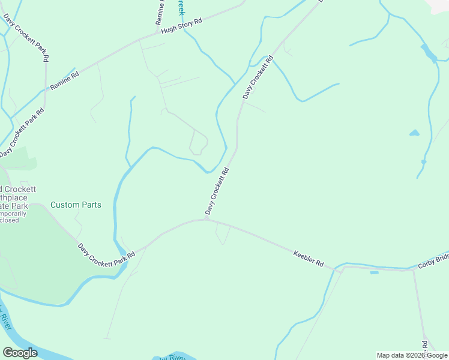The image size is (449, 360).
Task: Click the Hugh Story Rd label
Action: pyautogui.click(x=181, y=25)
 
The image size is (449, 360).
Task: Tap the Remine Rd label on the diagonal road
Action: pyautogui.click(x=65, y=81)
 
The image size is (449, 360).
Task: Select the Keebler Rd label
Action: pyautogui.click(x=308, y=259)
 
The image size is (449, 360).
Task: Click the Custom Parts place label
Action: pyautogui.click(x=76, y=205)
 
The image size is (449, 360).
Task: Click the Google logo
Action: pyautogui.click(x=20, y=353)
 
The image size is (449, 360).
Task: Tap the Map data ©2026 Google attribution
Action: pyautogui.click(x=412, y=355)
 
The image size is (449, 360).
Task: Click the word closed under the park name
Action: pyautogui.click(x=9, y=220)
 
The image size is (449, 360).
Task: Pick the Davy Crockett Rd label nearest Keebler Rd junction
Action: pyautogui.click(x=217, y=191)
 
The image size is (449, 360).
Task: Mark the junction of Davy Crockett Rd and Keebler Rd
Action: pyautogui.click(x=206, y=219)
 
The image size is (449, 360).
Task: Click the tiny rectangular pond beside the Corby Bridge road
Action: pyautogui.click(x=375, y=273)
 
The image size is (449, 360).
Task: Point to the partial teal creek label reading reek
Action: pyautogui.click(x=181, y=8)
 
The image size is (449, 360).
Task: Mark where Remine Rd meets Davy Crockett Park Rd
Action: pyautogui.click(x=46, y=90)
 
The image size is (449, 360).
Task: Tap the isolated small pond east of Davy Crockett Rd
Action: pyautogui.click(x=414, y=133)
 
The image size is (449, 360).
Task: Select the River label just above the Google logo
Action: pyautogui.click(x=6, y=318)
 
